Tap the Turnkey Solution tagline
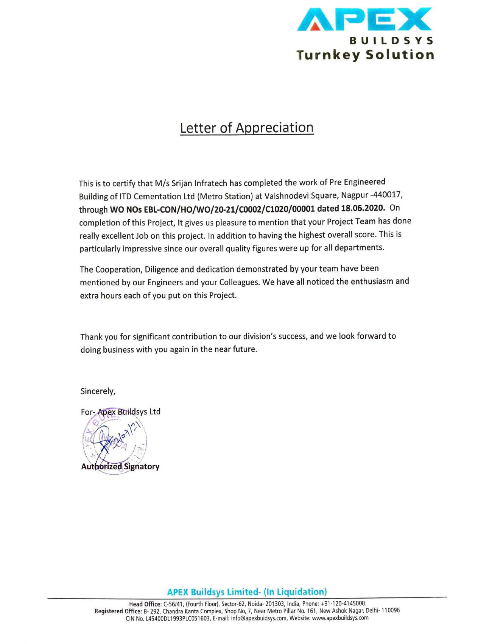tap(365, 55)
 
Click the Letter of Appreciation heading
tap(246, 128)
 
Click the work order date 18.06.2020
tap(363, 208)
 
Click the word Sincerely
tap(98, 391)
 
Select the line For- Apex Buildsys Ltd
tap(120, 412)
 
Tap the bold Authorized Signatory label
tap(120, 467)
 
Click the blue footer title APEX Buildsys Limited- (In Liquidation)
tap(247, 592)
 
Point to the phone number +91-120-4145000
tap(343, 603)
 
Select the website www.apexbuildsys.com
tap(340, 618)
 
